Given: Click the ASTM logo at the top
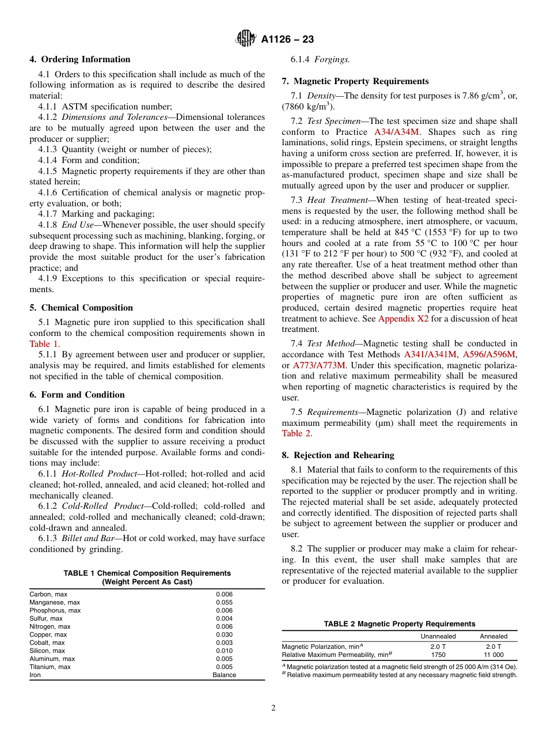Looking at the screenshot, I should coord(246,39).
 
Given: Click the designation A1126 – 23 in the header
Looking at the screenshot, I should coord(287,40).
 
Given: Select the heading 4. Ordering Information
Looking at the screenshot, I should coord(80,59).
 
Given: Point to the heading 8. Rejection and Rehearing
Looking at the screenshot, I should coord(338,455).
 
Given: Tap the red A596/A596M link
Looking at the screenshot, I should coord(489,354).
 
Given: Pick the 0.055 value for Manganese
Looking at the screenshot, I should coord(224,602).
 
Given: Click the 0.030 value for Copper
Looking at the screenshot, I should coord(224,634).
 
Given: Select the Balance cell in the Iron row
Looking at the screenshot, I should coord(224,675).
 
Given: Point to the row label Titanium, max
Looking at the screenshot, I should coord(50,667).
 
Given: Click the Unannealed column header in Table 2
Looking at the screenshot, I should coord(438,636).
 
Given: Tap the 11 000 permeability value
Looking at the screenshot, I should coord(493,655).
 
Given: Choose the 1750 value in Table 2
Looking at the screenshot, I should coord(438,655).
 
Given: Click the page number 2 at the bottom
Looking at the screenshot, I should coord(273,708).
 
